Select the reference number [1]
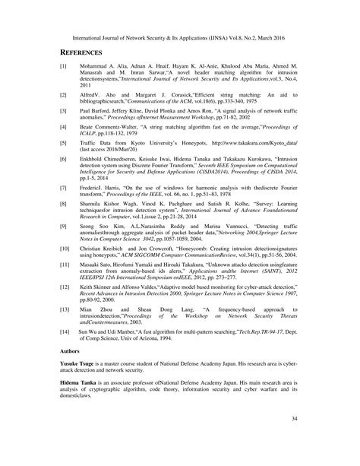click(x=64, y=67)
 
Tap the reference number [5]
click(x=64, y=142)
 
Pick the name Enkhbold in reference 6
click(x=96, y=160)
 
